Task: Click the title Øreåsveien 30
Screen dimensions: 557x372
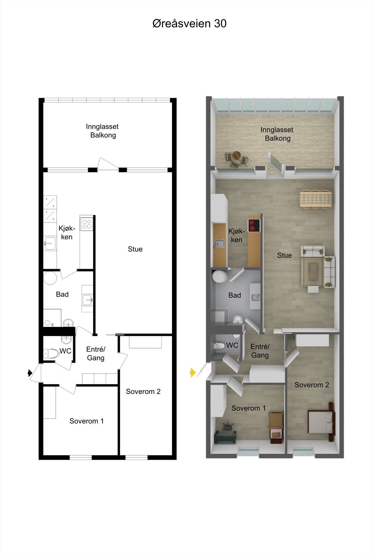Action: (189, 23)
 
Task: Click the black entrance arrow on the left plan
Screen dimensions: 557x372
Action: (30, 373)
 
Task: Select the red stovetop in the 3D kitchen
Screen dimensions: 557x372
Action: (254, 225)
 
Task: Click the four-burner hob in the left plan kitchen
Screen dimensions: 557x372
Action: (86, 223)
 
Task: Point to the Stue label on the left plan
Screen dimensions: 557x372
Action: (135, 249)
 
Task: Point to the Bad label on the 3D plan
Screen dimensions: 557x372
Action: (235, 295)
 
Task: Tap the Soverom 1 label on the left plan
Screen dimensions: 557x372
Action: (86, 421)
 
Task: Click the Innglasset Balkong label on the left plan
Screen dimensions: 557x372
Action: (103, 131)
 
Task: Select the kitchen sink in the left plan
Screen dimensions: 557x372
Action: (50, 243)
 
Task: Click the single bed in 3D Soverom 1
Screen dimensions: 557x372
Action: (276, 427)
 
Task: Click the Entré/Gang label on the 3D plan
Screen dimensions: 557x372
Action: (260, 351)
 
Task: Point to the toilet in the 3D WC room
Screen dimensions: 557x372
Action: (220, 346)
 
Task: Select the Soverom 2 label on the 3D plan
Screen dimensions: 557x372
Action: (312, 385)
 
